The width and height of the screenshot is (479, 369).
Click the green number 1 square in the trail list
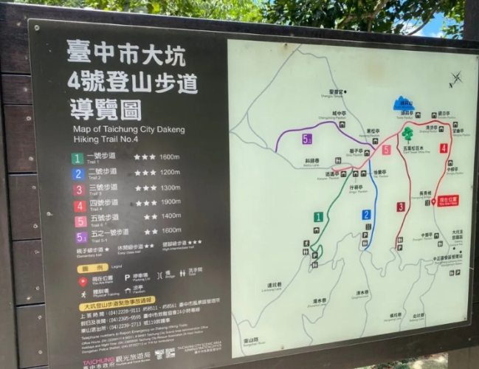point(77,158)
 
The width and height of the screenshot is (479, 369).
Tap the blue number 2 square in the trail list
point(77,173)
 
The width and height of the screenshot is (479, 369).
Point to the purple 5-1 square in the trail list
point(80,237)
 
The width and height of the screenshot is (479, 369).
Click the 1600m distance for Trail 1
point(170,156)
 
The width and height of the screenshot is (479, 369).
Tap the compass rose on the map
point(455,79)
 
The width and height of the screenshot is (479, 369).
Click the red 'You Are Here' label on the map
point(448,199)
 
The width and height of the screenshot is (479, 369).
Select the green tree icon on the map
point(407,134)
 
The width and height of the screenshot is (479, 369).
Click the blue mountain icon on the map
point(403,103)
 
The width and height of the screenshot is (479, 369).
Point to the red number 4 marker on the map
point(444,148)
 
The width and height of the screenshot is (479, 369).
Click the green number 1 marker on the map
point(318,217)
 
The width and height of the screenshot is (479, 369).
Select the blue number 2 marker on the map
point(366,215)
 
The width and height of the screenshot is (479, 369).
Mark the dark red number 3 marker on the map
point(401,207)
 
